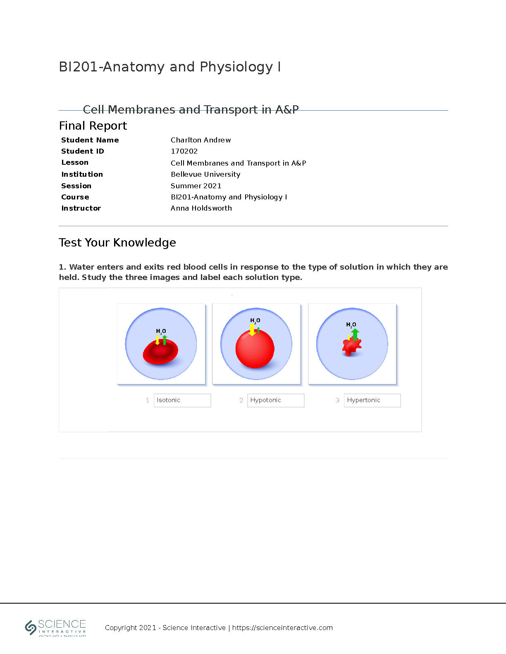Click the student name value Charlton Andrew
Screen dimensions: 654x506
pyautogui.click(x=200, y=140)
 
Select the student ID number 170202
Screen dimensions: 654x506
pyautogui.click(x=184, y=151)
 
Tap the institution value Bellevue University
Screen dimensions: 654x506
pyautogui.click(x=205, y=174)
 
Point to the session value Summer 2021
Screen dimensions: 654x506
pyautogui.click(x=196, y=186)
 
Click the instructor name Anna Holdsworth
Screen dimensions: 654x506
pyautogui.click(x=201, y=208)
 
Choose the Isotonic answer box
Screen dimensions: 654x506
pyautogui.click(x=182, y=400)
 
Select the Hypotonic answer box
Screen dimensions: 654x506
pyautogui.click(x=276, y=400)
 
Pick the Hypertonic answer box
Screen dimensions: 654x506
pyautogui.click(x=372, y=400)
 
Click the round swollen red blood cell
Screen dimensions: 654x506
pyautogui.click(x=255, y=348)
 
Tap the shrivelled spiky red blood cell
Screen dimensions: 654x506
pyautogui.click(x=351, y=346)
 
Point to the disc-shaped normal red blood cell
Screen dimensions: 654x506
pyautogui.click(x=160, y=352)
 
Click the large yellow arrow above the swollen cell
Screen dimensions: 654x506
pyautogui.click(x=252, y=329)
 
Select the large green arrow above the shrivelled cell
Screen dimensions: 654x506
pyautogui.click(x=355, y=334)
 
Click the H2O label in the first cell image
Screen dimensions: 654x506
pyautogui.click(x=161, y=331)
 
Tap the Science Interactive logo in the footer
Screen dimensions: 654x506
pyautogui.click(x=55, y=628)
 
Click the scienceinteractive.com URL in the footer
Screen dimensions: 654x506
pyautogui.click(x=282, y=628)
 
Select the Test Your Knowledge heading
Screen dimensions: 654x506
pyautogui.click(x=117, y=242)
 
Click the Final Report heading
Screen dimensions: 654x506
pyautogui.click(x=93, y=126)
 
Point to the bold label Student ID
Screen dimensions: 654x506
pyautogui.click(x=83, y=151)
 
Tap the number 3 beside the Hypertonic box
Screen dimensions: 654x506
pyautogui.click(x=337, y=400)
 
